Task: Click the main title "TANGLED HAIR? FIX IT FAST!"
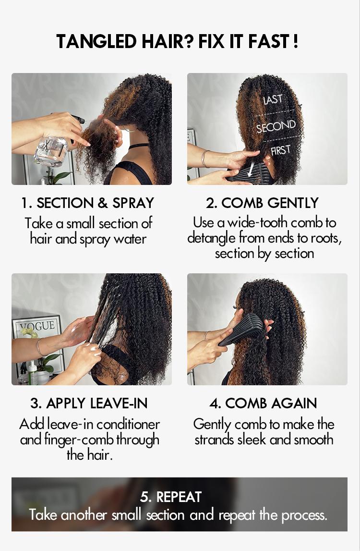pyautogui.click(x=178, y=41)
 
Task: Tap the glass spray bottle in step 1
pyautogui.click(x=50, y=149)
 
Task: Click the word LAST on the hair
pyautogui.click(x=273, y=100)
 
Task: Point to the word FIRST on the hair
pyautogui.click(x=280, y=151)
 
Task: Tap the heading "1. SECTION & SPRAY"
pyautogui.click(x=87, y=203)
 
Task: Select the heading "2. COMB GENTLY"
pyautogui.click(x=262, y=203)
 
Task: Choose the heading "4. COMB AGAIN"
pyautogui.click(x=263, y=404)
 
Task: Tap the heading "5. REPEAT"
pyautogui.click(x=178, y=497)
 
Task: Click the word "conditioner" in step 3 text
pyautogui.click(x=128, y=425)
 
